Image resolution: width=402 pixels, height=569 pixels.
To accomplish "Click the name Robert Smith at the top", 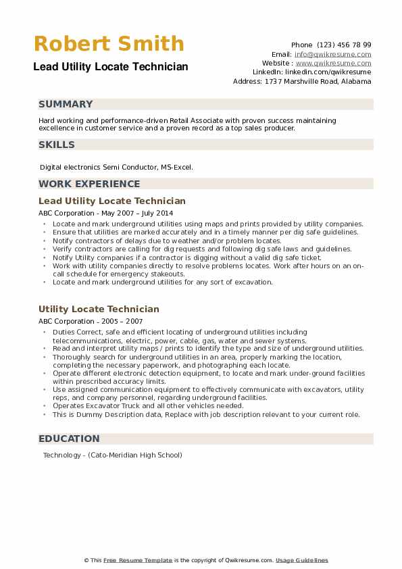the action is [x=109, y=44].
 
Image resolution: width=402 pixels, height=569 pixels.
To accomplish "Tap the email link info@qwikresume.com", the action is [x=332, y=54].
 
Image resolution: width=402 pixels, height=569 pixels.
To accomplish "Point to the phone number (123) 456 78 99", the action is [x=344, y=45].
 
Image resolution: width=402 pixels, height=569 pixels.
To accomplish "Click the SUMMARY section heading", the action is [x=66, y=104].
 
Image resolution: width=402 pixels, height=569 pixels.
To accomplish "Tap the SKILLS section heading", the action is [x=57, y=145].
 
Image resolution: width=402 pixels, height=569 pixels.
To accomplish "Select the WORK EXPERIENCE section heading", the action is [x=89, y=184].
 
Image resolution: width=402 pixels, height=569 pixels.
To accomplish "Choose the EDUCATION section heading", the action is [x=69, y=439].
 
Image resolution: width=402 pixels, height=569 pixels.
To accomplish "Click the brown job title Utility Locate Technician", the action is [x=99, y=309].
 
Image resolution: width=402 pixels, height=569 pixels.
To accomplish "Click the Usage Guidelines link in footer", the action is [x=301, y=560].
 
